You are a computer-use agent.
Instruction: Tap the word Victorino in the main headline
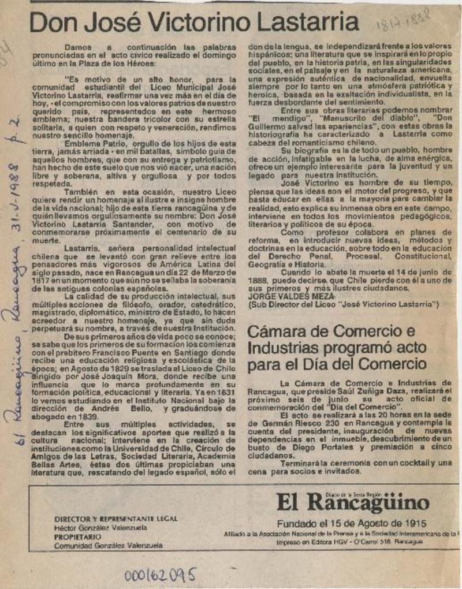(200, 23)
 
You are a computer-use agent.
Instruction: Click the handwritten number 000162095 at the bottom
(160, 574)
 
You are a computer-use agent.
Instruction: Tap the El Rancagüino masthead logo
(352, 502)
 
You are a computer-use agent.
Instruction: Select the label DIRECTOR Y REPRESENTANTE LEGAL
(115, 519)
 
